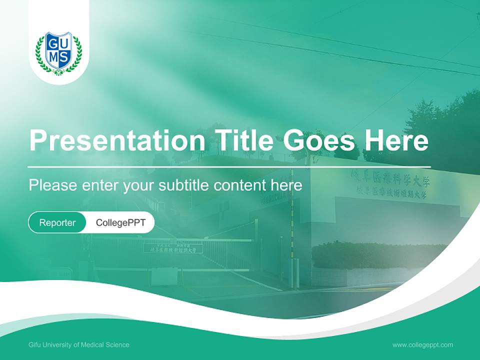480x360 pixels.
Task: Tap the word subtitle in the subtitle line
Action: tap(184, 185)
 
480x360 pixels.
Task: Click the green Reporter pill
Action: tap(57, 222)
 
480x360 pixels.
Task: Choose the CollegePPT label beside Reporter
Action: tap(120, 222)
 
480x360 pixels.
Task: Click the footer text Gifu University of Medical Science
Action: tap(79, 345)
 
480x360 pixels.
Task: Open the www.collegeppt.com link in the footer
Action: tap(422, 345)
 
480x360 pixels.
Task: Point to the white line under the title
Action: tap(229, 166)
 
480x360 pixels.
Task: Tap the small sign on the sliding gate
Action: tap(173, 248)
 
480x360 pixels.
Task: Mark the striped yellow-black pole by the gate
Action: tap(292, 235)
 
